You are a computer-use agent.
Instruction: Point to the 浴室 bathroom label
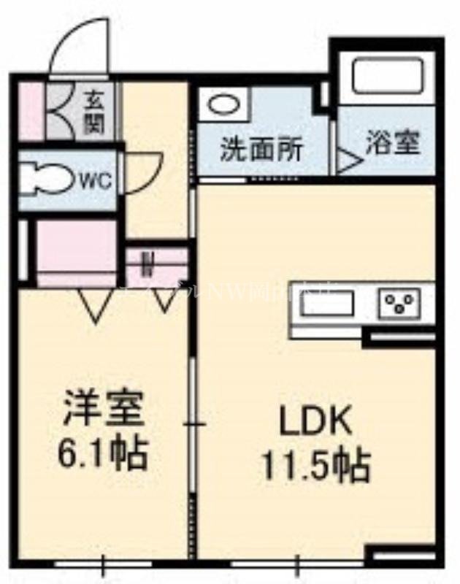[393, 143]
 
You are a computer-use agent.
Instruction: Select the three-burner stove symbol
[399, 302]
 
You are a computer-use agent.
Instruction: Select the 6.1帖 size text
[102, 453]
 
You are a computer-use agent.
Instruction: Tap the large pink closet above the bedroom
[76, 252]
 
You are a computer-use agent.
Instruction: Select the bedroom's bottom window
[103, 564]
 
